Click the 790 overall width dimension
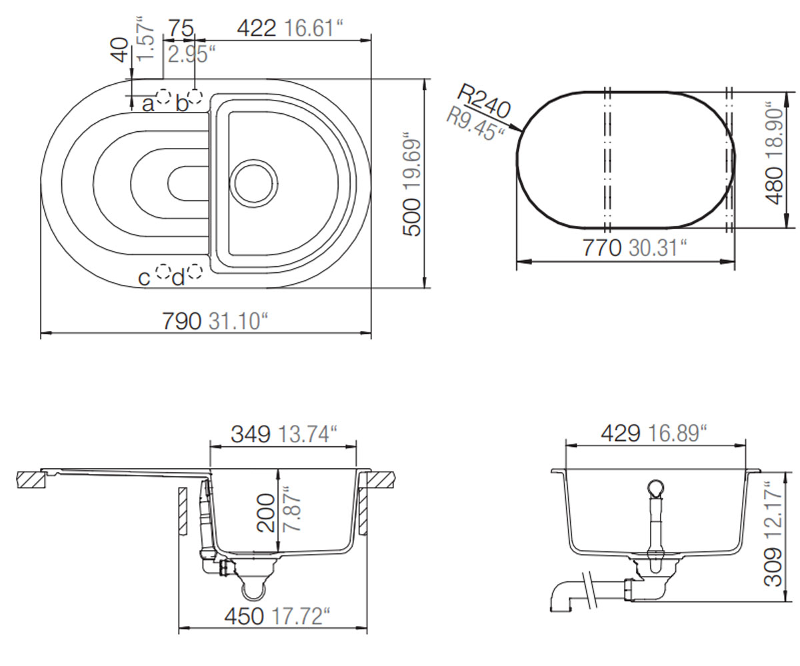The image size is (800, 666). [x=181, y=321]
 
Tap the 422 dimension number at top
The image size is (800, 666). [x=256, y=29]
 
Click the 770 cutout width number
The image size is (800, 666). [x=601, y=248]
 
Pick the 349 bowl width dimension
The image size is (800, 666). [x=251, y=434]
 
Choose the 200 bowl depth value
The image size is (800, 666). [x=265, y=513]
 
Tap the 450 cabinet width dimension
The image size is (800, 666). [x=244, y=616]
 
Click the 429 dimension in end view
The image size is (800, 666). [x=620, y=434]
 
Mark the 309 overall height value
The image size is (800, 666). [x=773, y=567]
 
